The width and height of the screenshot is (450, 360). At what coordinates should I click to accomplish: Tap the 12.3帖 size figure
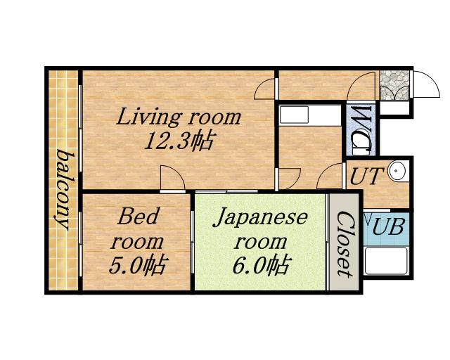(179, 141)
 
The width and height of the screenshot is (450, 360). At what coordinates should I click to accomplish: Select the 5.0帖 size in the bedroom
(137, 266)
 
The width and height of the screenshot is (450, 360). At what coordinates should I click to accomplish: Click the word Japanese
(260, 219)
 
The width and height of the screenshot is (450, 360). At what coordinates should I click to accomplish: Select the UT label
(367, 176)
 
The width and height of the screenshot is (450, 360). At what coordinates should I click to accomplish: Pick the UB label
(388, 226)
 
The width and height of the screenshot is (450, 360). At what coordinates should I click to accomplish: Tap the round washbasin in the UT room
(398, 171)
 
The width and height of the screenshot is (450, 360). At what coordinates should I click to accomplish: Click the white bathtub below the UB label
(386, 261)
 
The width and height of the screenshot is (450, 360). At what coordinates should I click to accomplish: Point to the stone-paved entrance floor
(394, 85)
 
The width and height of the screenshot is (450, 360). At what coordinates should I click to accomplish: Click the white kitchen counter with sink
(310, 115)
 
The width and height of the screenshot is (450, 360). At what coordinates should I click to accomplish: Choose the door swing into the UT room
(330, 176)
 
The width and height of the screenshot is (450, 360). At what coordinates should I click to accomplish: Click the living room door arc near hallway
(264, 89)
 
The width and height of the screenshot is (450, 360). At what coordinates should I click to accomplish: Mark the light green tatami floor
(260, 242)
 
